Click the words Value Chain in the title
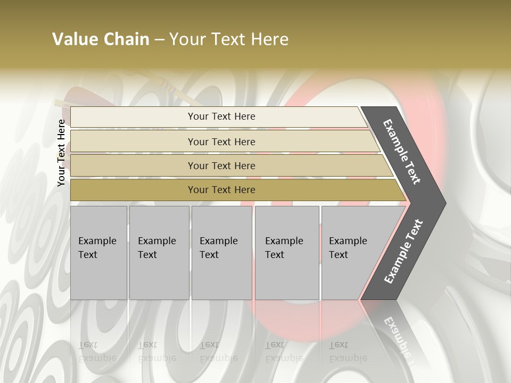tap(101, 39)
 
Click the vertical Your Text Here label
tap(62, 153)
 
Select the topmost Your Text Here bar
tap(221, 116)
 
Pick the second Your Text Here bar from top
tap(221, 141)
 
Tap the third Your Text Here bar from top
tap(221, 165)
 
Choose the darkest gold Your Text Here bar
tap(221, 190)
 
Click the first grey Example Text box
tap(98, 253)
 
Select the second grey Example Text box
tap(159, 253)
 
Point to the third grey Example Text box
tap(221, 253)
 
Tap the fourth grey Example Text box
tap(287, 253)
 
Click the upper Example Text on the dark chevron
tap(402, 152)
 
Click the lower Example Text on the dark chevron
tap(403, 251)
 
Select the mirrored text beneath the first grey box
tap(97, 351)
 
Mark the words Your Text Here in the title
tap(229, 39)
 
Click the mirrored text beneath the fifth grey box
tap(348, 351)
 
